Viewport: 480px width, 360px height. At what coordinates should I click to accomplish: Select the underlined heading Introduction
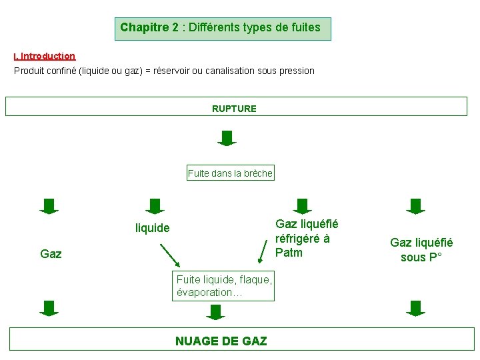[47, 57]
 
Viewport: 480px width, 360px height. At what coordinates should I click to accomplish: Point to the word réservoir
[171, 71]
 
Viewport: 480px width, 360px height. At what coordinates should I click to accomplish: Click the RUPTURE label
[234, 108]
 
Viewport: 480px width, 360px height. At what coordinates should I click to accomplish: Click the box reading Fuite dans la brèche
[231, 173]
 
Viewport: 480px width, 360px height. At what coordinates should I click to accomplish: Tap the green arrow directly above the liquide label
[155, 206]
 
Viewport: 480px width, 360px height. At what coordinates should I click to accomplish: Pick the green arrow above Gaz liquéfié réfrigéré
[303, 206]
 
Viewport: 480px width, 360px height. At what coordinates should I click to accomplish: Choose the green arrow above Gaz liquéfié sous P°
[416, 206]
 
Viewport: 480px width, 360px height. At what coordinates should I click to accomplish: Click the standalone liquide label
[153, 228]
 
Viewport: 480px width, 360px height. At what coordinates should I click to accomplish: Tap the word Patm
[289, 253]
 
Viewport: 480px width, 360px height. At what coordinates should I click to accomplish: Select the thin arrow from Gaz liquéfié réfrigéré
[265, 249]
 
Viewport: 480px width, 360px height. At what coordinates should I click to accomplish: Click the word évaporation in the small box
[202, 293]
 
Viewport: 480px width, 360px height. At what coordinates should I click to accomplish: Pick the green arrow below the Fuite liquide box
[215, 312]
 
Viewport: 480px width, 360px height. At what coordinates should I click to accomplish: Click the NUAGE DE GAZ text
[221, 341]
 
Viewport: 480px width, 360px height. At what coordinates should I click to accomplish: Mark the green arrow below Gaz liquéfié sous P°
[416, 308]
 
